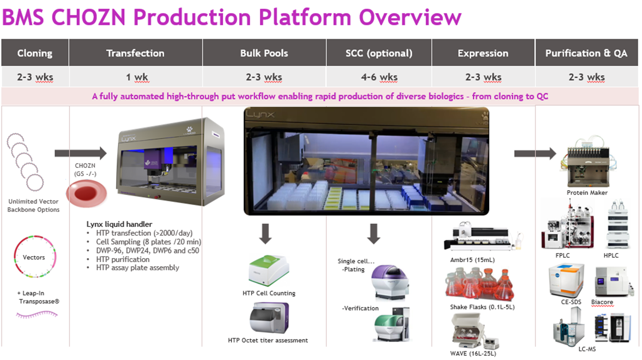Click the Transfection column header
pos(135,53)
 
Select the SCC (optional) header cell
pos(379,53)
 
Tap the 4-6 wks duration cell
pos(379,77)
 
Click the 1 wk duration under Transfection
pos(135,77)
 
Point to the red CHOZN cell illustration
pos(86,193)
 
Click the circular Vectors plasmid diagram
pos(34,257)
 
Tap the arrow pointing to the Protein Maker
pos(535,153)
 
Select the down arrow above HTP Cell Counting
pos(265,233)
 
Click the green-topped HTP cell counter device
pos(270,271)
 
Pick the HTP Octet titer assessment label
pos(268,340)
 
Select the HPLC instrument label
pos(611,256)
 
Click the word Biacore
pos(602,302)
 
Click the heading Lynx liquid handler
pos(119,224)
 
